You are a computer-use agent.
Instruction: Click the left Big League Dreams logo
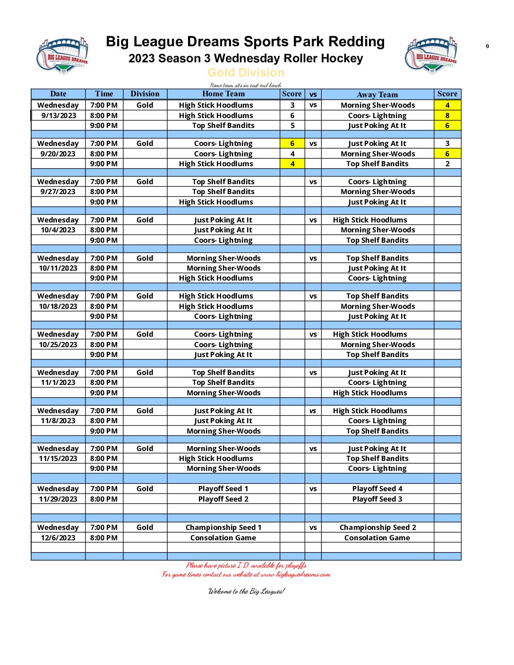pos(62,56)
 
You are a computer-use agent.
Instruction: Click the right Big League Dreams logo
pos(431,55)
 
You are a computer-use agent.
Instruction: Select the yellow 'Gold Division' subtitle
pos(246,73)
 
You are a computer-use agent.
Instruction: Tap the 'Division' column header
pos(145,94)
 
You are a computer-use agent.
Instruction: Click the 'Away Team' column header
pos(377,94)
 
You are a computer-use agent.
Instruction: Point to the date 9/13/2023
pos(59,115)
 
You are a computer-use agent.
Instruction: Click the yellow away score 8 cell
pos(447,115)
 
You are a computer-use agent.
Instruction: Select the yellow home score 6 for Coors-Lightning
pos(292,144)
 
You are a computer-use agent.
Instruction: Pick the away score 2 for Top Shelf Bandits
pos(447,164)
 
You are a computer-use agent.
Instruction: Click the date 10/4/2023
pos(58,230)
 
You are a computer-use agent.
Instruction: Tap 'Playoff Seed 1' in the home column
pos(223,489)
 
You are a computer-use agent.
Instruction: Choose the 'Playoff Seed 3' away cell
pos(377,499)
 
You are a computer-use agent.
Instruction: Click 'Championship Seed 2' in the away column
pos(377,528)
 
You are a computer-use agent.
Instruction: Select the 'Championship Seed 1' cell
pos(223,528)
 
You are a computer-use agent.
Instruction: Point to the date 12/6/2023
pos(58,538)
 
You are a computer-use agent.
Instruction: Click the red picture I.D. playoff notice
pos(246,565)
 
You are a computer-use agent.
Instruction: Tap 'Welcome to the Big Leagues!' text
pos(246,591)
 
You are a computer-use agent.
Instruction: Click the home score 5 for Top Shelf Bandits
pos(292,126)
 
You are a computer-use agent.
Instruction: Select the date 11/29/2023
pos(58,499)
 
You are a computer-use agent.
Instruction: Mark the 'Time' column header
pos(104,94)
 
